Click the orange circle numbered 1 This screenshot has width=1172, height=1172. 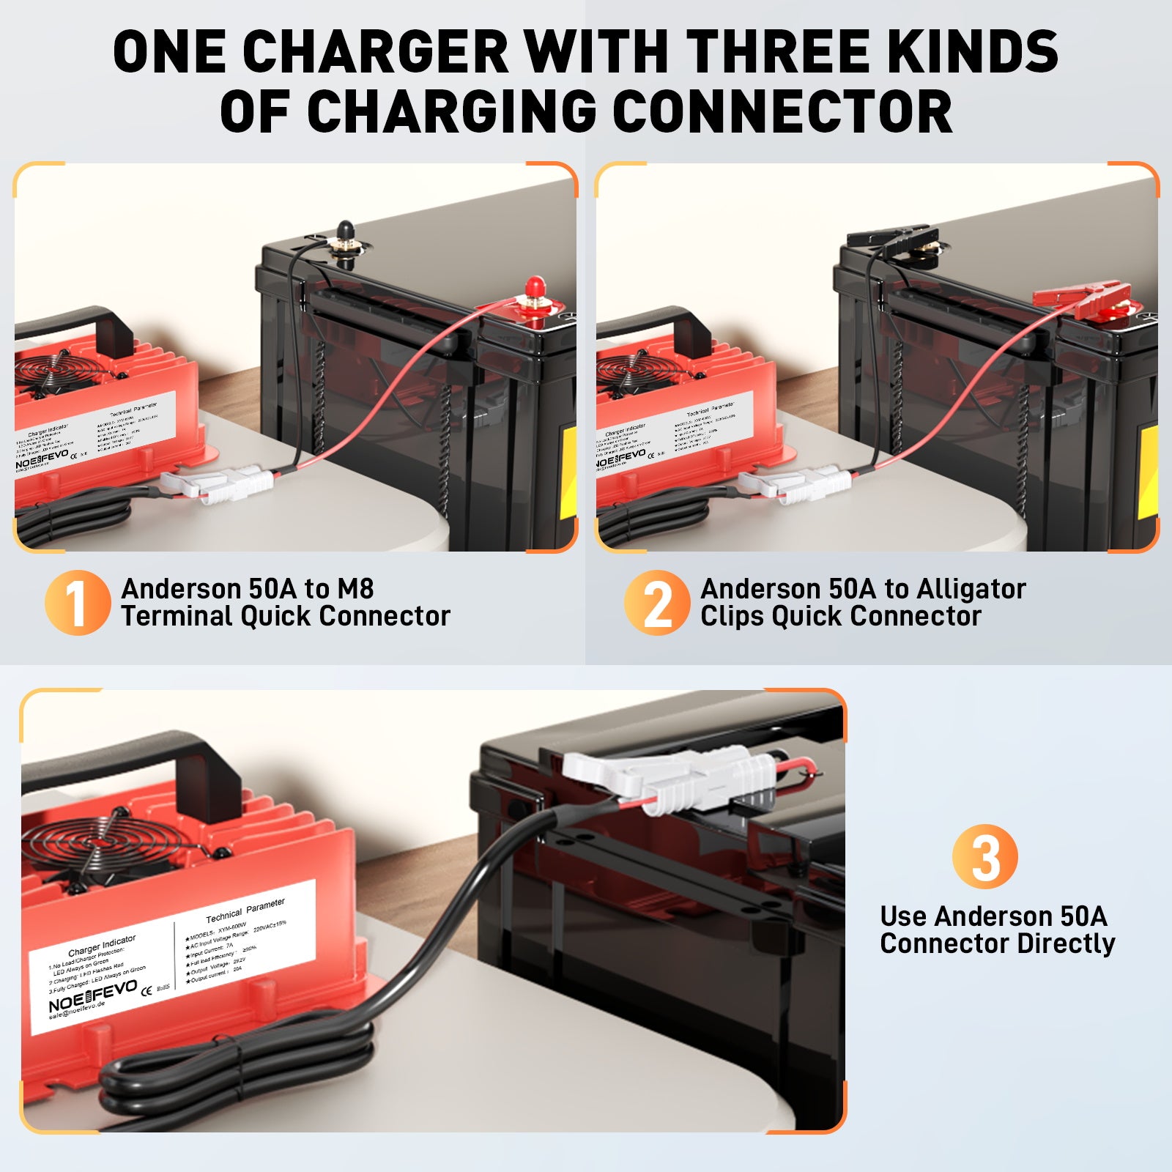(x=77, y=602)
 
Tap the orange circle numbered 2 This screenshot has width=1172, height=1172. (x=656, y=602)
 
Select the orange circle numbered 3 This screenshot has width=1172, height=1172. (x=984, y=856)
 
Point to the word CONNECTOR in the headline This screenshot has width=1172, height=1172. (x=782, y=111)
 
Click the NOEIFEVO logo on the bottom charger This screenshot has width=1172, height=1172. (x=92, y=995)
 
